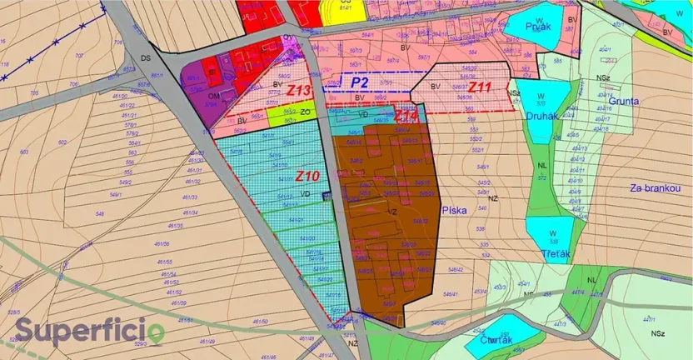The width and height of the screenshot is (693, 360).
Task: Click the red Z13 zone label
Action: [x=299, y=90]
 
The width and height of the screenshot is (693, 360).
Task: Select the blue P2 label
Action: [x=359, y=82]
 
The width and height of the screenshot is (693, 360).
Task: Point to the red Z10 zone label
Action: [x=307, y=177]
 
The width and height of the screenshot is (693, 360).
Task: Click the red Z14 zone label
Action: [x=406, y=115]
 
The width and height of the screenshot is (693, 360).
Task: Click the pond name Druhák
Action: [x=541, y=116]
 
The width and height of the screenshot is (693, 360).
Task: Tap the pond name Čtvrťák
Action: [x=495, y=338]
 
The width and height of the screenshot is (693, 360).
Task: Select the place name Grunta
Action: [x=623, y=101]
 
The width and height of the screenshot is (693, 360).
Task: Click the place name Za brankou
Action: [x=656, y=188]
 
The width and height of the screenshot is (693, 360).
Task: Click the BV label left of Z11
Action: [x=435, y=86]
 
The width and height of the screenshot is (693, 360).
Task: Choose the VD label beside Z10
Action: [x=305, y=195]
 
